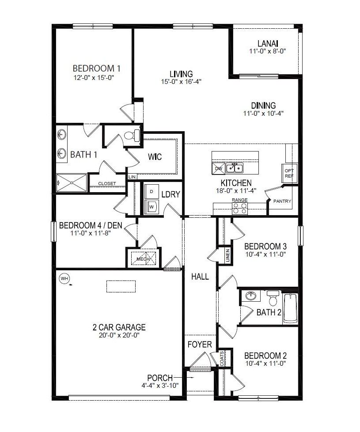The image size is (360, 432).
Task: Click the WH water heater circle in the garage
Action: pyautogui.click(x=64, y=279)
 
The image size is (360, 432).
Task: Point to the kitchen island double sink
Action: pyautogui.click(x=235, y=168)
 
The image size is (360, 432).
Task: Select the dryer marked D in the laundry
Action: pyautogui.click(x=152, y=191)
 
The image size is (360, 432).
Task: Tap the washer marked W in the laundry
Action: pyautogui.click(x=152, y=206)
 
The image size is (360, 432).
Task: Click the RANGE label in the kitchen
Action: pyautogui.click(x=240, y=200)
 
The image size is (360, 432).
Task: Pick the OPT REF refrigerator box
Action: pyautogui.click(x=289, y=173)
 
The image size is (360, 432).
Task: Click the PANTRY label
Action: pyautogui.click(x=282, y=201)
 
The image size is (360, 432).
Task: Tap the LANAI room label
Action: pyautogui.click(x=268, y=44)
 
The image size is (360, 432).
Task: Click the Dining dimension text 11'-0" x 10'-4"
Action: pyautogui.click(x=263, y=113)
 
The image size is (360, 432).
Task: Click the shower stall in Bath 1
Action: pyautogui.click(x=72, y=182)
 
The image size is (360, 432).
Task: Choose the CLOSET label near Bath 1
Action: pyautogui.click(x=107, y=183)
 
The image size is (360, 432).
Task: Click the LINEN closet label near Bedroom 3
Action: pyautogui.click(x=227, y=256)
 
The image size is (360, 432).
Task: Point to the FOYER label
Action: pyautogui.click(x=200, y=344)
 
